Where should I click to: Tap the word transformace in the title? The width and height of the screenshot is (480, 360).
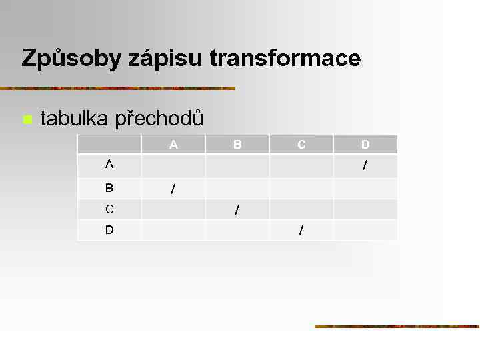tap(285, 59)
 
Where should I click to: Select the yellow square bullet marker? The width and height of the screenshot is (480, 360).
tap(27, 120)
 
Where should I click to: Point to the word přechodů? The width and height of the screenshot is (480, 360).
tap(160, 119)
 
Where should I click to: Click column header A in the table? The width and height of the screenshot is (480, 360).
tap(173, 144)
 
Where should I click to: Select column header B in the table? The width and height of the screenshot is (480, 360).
tap(237, 144)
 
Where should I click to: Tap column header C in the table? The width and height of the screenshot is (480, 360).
tap(301, 144)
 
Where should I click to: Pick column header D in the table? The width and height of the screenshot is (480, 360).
tap(365, 144)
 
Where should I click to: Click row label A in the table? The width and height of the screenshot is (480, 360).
tap(109, 164)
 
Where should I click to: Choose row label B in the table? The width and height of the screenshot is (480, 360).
tap(109, 188)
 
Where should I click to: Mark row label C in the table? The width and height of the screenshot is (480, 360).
tap(109, 209)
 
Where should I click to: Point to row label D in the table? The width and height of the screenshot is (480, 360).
tap(109, 229)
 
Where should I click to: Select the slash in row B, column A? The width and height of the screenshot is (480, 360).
tap(173, 190)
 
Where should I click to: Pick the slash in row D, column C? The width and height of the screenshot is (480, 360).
tap(301, 231)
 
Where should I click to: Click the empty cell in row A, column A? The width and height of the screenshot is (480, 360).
tap(173, 166)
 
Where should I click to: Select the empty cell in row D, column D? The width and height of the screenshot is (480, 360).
tap(365, 229)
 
